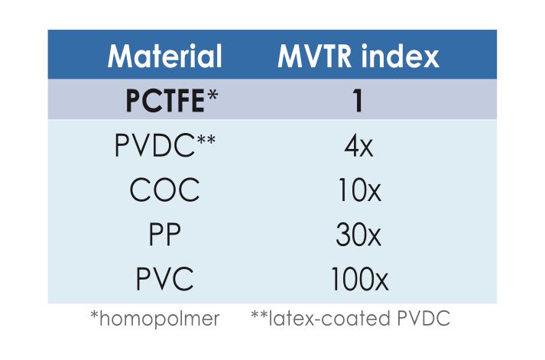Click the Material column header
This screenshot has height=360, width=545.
pos(165,57)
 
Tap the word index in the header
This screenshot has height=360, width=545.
pos(404,57)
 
